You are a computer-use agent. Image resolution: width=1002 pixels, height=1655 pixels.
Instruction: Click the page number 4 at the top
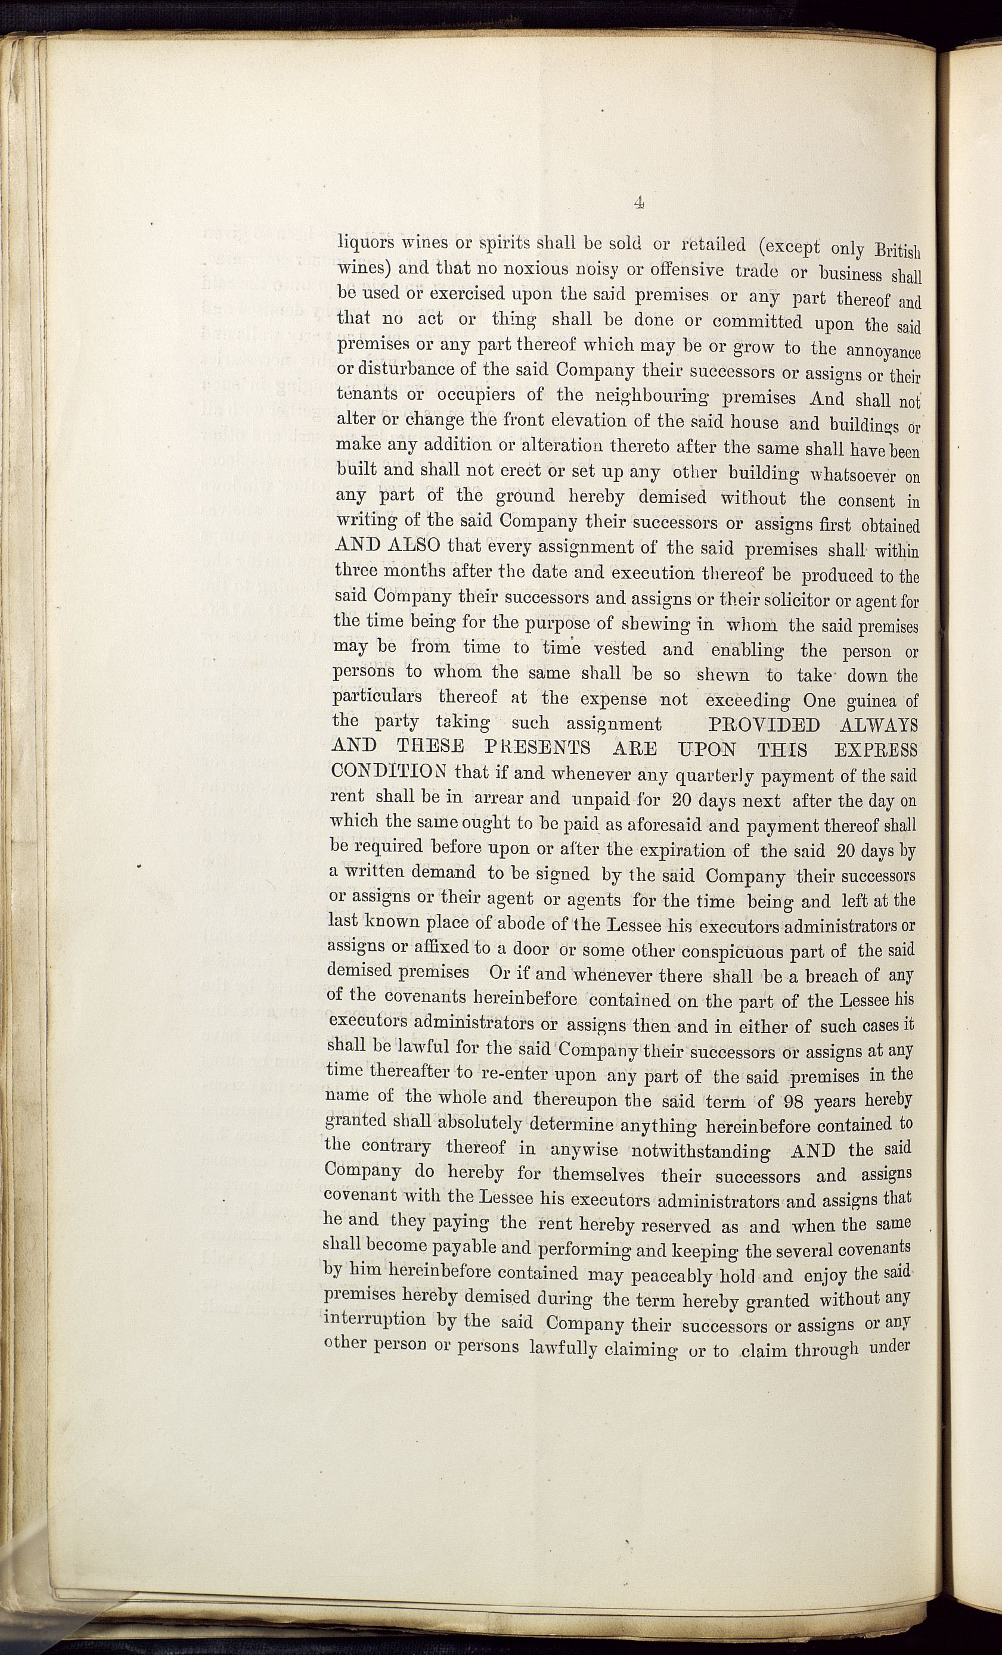(x=639, y=202)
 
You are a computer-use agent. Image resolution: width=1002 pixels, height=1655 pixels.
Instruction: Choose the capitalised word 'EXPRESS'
(x=875, y=750)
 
